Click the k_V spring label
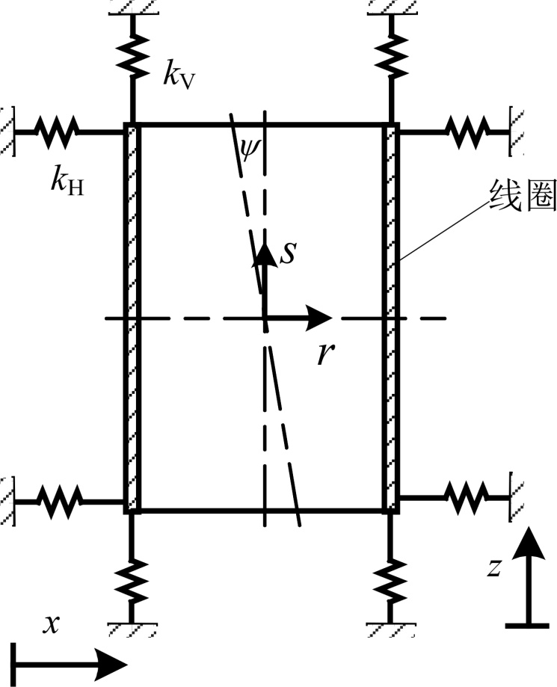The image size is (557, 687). pyautogui.click(x=179, y=76)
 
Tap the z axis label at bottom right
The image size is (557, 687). pyautogui.click(x=493, y=568)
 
